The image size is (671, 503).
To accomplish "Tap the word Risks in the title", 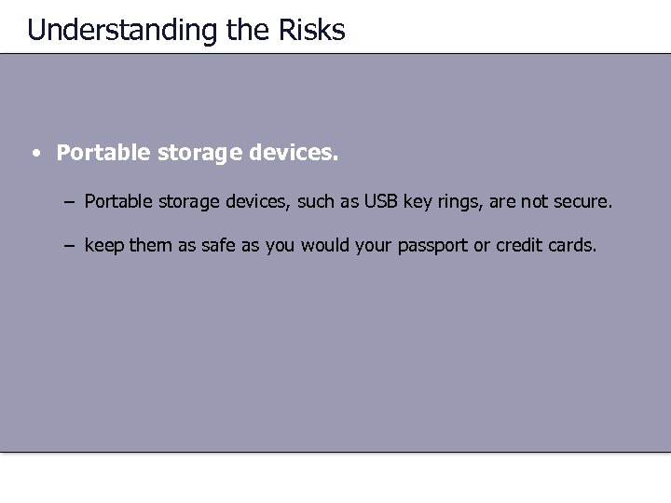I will point(311,30).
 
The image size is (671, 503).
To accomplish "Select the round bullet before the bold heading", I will point(34,153).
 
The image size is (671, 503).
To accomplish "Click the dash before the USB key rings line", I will point(71,200).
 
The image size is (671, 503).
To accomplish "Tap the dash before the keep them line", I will point(71,246).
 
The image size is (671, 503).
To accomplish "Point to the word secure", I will point(582,200).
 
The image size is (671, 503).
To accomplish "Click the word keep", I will point(103,246).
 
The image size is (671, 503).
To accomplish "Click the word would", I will point(329,246).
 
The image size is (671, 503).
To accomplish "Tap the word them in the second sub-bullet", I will point(147,246).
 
